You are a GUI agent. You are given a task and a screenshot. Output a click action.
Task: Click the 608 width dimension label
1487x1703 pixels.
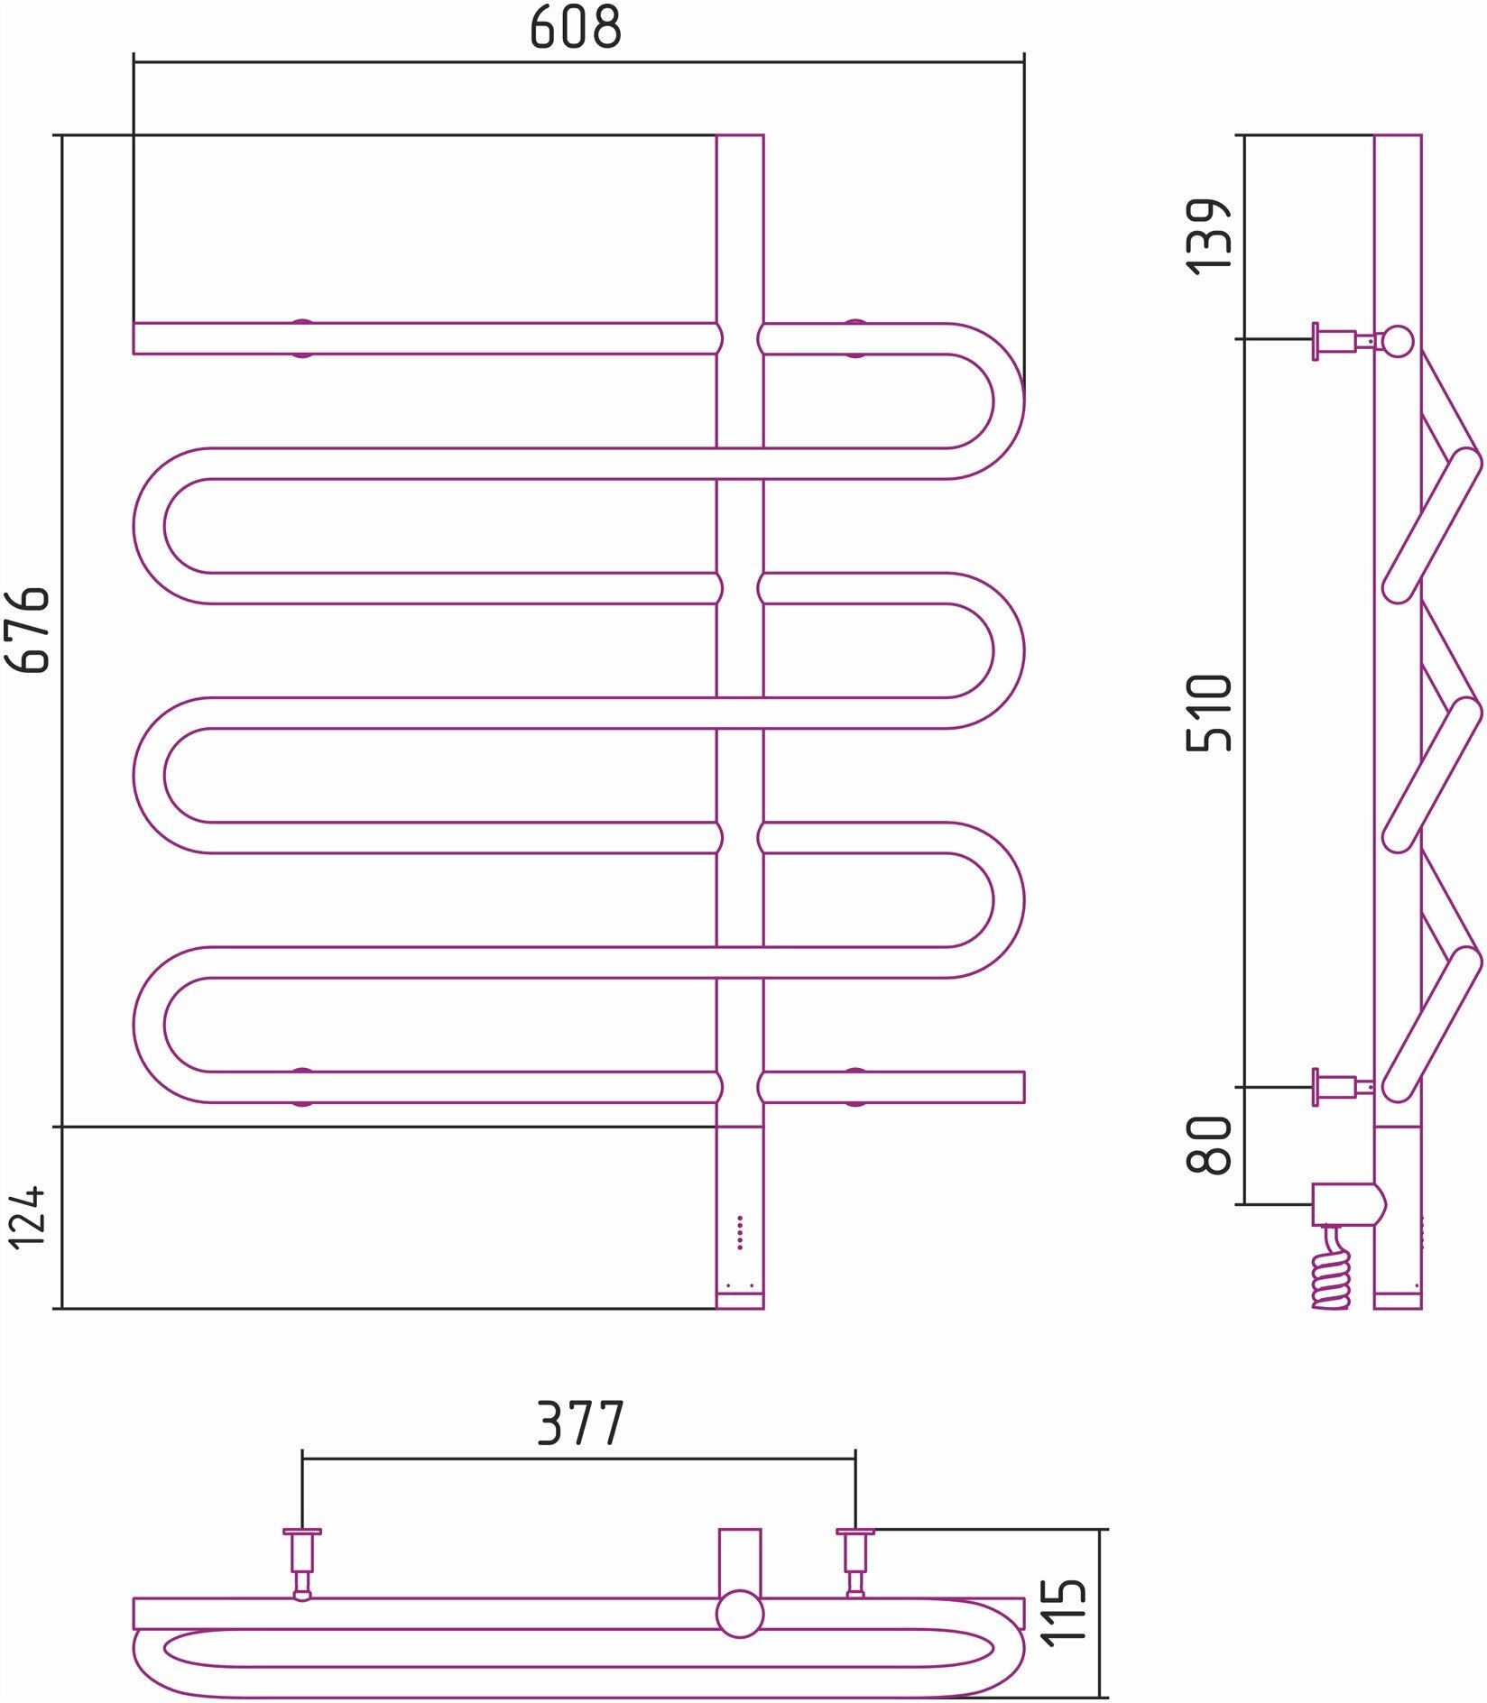[576, 29]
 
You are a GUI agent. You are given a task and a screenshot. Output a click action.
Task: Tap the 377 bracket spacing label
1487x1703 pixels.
[580, 1423]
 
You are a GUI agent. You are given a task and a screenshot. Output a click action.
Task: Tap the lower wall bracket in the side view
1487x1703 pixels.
[1343, 1087]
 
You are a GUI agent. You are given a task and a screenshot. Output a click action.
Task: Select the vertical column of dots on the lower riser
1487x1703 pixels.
[740, 1232]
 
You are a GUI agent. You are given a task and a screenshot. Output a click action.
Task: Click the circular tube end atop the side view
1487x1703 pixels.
[1398, 341]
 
